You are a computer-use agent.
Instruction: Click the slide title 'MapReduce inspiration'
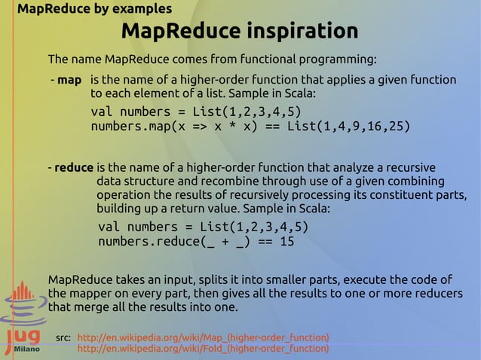pyautogui.click(x=239, y=32)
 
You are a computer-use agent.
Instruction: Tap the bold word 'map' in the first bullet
pyautogui.click(x=69, y=80)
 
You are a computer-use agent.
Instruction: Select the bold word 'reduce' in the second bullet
pyautogui.click(x=74, y=167)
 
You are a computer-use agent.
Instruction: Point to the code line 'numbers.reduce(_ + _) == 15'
pyautogui.click(x=196, y=242)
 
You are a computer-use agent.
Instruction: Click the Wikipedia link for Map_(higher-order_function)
pyautogui.click(x=204, y=337)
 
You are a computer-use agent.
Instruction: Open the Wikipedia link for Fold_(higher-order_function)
pyautogui.click(x=204, y=349)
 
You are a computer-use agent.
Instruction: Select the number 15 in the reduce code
pyautogui.click(x=286, y=242)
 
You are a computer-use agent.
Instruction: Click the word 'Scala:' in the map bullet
pyautogui.click(x=296, y=95)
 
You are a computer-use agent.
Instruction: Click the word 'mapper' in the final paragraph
pyautogui.click(x=90, y=293)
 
